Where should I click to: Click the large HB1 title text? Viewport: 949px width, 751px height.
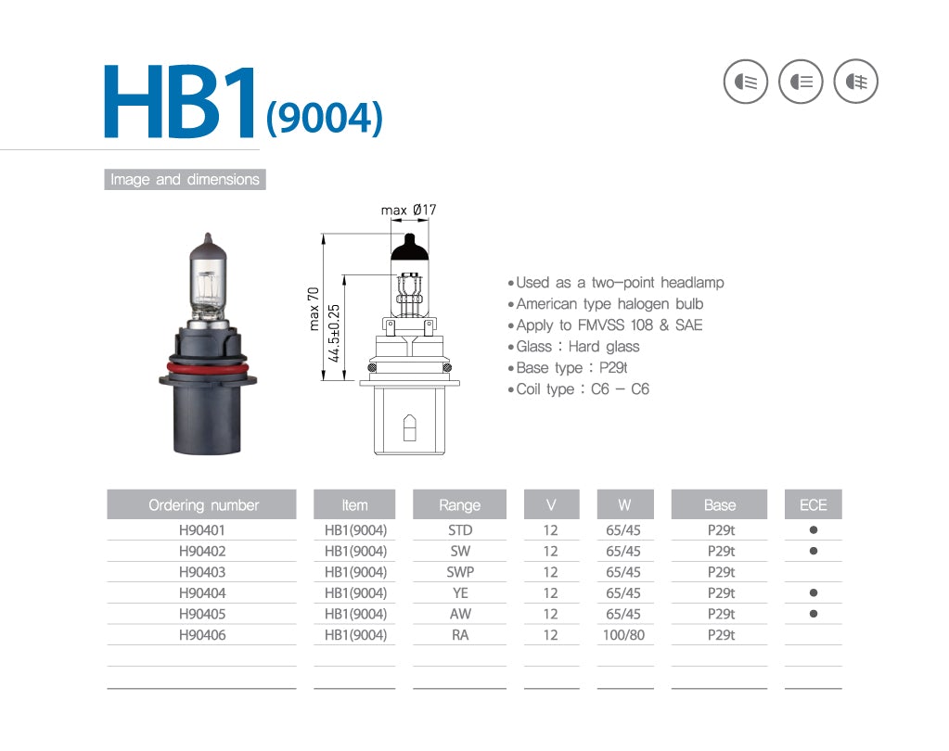tap(180, 104)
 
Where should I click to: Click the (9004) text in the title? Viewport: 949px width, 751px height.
tap(324, 118)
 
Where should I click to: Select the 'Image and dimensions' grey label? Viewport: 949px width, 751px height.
tap(185, 180)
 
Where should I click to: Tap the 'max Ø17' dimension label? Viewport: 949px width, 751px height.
tap(408, 210)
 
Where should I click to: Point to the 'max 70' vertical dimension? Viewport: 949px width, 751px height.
tap(314, 308)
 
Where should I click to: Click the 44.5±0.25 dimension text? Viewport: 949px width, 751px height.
tap(334, 333)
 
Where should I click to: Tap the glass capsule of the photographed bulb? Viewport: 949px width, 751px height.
tap(208, 278)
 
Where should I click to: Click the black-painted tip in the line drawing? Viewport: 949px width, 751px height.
tap(408, 248)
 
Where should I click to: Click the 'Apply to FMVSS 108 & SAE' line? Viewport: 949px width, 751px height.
tap(609, 325)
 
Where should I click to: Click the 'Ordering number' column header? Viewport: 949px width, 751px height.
tap(202, 505)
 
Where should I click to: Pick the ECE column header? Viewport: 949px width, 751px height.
tap(813, 505)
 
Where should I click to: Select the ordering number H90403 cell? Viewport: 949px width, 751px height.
tap(202, 572)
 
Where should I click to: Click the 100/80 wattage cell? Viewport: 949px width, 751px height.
tap(623, 635)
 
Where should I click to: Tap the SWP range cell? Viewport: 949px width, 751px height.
tap(460, 572)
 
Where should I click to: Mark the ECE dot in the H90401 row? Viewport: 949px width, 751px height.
tap(813, 530)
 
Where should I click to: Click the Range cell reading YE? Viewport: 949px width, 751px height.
tap(460, 593)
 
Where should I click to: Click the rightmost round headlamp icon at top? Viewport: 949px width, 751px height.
tap(855, 82)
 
